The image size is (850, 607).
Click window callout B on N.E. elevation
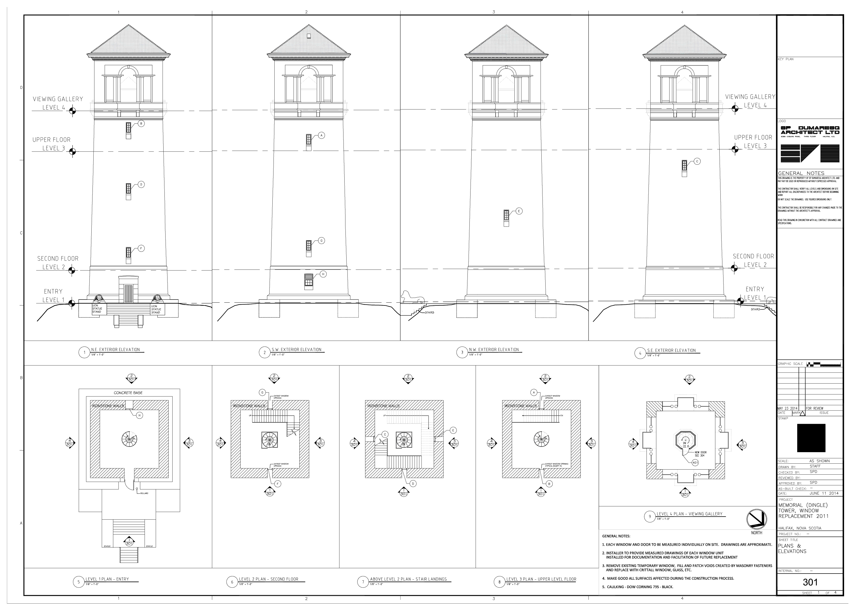pos(141,123)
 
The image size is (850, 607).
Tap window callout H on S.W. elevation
pos(323,274)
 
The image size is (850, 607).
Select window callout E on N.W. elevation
pos(519,211)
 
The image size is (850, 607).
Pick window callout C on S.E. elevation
pos(697,162)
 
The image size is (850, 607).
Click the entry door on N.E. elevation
pos(128,293)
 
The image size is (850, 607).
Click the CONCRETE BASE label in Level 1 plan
pos(128,393)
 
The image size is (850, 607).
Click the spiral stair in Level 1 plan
pos(129,439)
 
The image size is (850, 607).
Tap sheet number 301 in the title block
pos(810,582)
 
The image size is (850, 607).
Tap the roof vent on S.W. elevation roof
pos(309,36)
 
